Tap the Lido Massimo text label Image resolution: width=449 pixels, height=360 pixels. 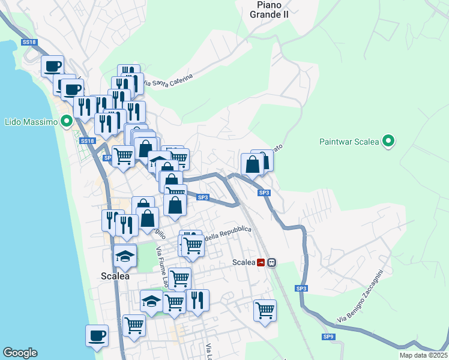pyautogui.click(x=31, y=122)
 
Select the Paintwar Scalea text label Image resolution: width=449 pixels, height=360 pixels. pyautogui.click(x=349, y=142)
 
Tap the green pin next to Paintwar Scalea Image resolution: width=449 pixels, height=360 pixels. pyautogui.click(x=389, y=142)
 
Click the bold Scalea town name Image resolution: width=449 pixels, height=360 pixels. pyautogui.click(x=115, y=276)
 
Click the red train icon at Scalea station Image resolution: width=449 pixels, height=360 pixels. pyautogui.click(x=261, y=262)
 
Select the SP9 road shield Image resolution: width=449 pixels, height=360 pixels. pyautogui.click(x=328, y=337)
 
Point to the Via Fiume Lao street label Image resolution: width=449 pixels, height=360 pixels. pyautogui.click(x=162, y=266)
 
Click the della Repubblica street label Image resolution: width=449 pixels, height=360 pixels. pyautogui.click(x=228, y=233)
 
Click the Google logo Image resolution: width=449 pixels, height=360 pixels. pyautogui.click(x=20, y=353)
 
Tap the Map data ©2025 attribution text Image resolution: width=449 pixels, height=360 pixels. pyautogui.click(x=423, y=355)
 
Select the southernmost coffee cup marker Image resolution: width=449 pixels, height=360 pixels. pyautogui.click(x=97, y=335)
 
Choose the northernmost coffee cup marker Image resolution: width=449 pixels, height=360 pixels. pyautogui.click(x=52, y=65)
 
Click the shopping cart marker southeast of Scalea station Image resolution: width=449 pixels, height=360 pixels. pyautogui.click(x=265, y=310)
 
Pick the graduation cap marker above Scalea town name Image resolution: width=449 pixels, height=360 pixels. pyautogui.click(x=125, y=256)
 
